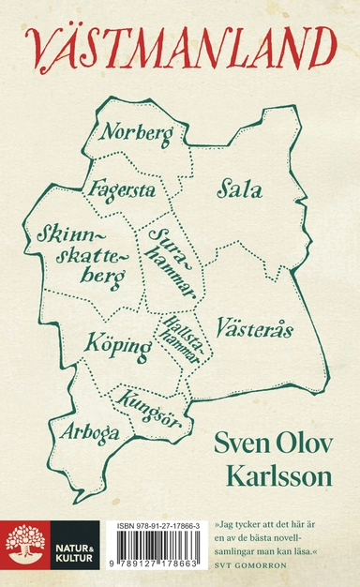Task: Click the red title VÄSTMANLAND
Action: (179, 48)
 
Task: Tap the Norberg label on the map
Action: (137, 134)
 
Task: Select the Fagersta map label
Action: (123, 189)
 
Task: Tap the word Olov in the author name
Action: (300, 443)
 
